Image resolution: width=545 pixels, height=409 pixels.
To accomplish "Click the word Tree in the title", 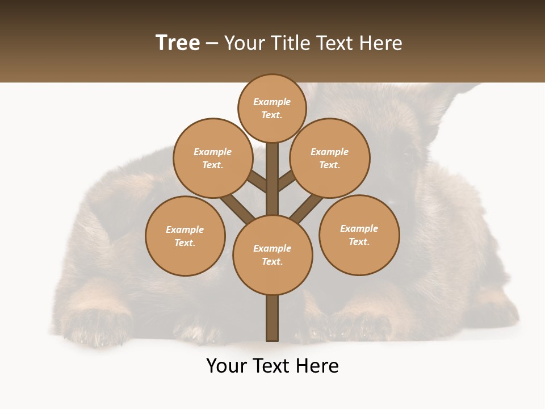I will [178, 43].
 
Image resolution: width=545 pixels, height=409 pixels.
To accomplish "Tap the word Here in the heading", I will [381, 43].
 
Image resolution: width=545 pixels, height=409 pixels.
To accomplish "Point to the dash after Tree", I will [212, 44].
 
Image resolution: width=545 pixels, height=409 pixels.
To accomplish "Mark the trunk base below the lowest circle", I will [272, 318].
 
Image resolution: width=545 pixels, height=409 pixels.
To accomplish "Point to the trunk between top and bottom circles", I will [272, 182].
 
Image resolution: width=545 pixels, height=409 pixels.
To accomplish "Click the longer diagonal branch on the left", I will [237, 207].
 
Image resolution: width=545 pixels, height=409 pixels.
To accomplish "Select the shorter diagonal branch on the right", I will [287, 181].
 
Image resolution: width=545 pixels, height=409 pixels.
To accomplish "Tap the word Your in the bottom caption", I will [227, 366].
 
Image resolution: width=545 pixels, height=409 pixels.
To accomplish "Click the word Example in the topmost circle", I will [272, 102].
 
